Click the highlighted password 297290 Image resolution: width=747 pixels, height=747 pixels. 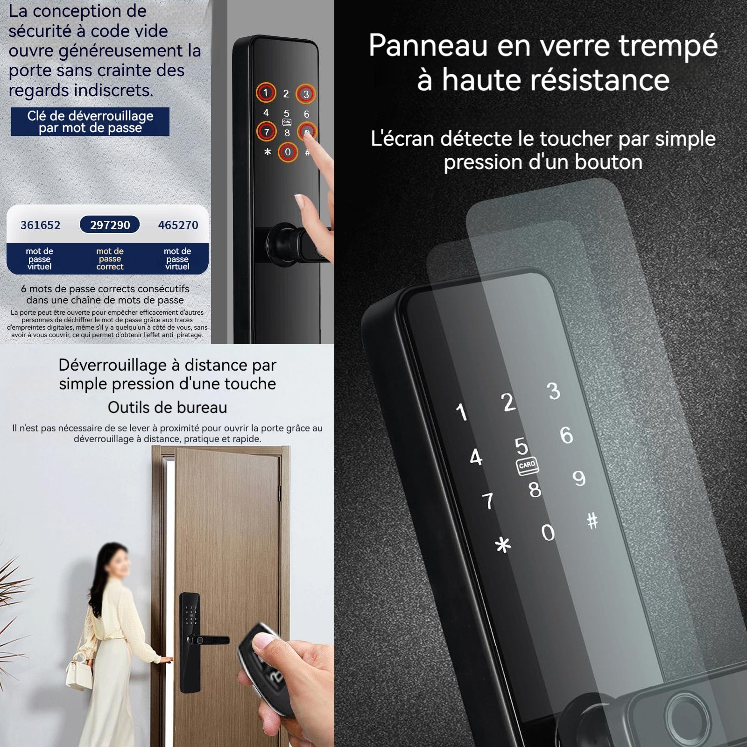tap(110, 225)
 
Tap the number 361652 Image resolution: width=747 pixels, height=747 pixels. tap(41, 225)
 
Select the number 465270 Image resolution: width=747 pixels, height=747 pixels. tap(178, 225)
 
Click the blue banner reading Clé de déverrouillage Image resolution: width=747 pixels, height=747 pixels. tap(90, 122)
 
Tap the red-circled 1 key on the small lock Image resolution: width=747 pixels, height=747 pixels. tap(266, 93)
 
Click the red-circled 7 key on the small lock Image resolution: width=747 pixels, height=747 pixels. tap(267, 132)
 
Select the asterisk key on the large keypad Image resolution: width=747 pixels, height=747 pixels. tap(503, 545)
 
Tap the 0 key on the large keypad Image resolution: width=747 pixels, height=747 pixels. tap(548, 532)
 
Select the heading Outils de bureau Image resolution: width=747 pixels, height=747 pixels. tap(167, 408)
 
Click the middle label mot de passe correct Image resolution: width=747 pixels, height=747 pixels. tap(110, 259)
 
